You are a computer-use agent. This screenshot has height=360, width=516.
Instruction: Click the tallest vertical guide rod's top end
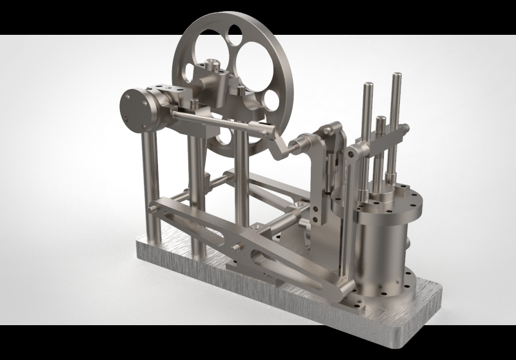395,78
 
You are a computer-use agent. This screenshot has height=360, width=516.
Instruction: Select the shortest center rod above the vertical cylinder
381,123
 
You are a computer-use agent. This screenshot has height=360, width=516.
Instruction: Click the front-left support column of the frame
149,194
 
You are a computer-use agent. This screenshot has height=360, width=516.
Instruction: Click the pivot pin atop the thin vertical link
352,152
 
